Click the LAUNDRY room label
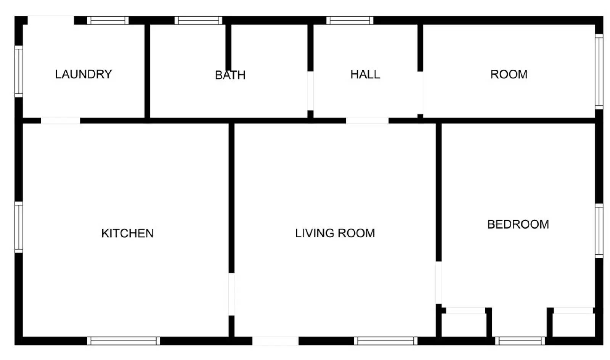tap(83, 74)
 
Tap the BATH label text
tap(230, 75)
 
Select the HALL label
tap(365, 74)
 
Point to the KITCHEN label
tap(127, 233)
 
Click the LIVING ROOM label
tap(335, 233)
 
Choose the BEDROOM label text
tap(518, 224)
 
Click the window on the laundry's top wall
tap(108, 21)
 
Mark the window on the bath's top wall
tap(198, 21)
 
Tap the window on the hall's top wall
tap(350, 21)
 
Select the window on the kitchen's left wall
tap(19, 227)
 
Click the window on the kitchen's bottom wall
tap(124, 341)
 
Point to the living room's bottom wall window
tap(385, 341)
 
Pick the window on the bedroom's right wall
tap(599, 231)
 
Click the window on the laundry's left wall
tap(19, 71)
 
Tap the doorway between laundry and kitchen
tap(61, 121)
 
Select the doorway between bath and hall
tap(310, 91)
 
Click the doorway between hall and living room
tap(367, 121)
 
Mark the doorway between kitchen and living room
tap(231, 294)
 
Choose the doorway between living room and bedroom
tap(439, 283)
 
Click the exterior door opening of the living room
tap(275, 341)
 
